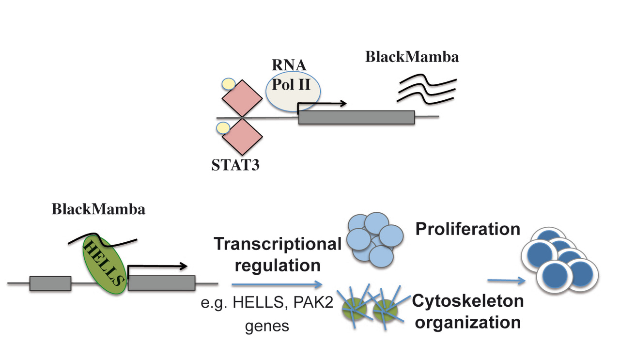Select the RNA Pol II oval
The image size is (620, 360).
click(293, 88)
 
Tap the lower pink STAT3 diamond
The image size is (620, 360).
click(241, 136)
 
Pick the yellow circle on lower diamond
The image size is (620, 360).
click(223, 128)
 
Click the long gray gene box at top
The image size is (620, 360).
click(356, 117)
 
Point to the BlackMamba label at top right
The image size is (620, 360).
click(412, 57)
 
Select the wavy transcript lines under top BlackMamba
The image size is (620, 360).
click(426, 89)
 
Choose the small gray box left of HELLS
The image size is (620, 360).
click(50, 283)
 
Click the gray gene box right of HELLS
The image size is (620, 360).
click(161, 283)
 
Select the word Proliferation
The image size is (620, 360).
click(468, 229)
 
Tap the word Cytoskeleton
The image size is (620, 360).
click(468, 301)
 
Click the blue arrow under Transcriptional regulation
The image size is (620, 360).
click(276, 284)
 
